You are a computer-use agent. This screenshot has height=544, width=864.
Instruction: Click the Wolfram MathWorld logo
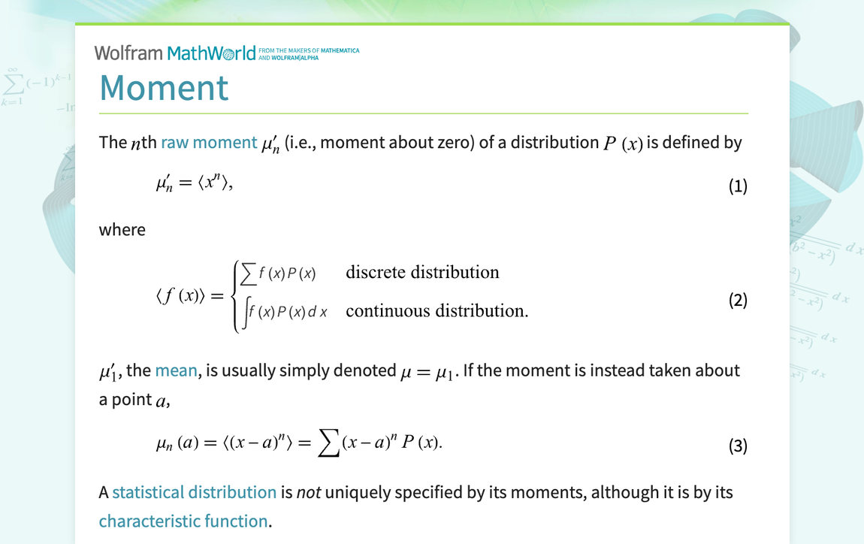pos(175,53)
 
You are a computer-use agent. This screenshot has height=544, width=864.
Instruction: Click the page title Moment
pos(164,87)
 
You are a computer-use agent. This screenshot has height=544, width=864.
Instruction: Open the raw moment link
pos(209,142)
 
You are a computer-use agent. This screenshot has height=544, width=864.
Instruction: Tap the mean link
pos(176,370)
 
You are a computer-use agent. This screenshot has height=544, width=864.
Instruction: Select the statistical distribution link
pos(194,492)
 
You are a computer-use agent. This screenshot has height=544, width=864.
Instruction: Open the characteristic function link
pos(183,521)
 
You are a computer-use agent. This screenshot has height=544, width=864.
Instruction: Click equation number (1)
pos(738,186)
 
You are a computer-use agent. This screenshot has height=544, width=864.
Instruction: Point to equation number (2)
pos(738,301)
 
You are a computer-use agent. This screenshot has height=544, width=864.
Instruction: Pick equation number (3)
pos(738,446)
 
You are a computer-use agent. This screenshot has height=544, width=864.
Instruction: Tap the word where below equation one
pos(122,230)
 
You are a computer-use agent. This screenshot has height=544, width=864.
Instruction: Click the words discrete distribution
pos(422,272)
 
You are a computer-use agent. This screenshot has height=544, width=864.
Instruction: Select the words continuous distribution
pos(437,310)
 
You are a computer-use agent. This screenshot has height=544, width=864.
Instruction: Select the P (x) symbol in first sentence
pos(623,143)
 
